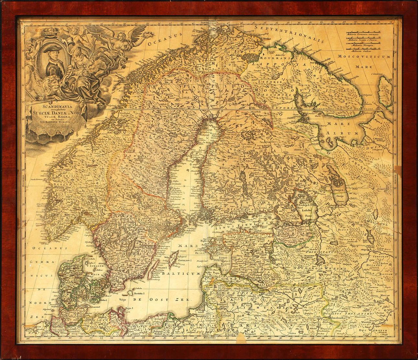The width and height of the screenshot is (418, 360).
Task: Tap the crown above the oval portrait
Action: pyautogui.click(x=50, y=31)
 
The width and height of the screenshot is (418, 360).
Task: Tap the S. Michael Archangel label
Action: pyautogui.click(x=378, y=140)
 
